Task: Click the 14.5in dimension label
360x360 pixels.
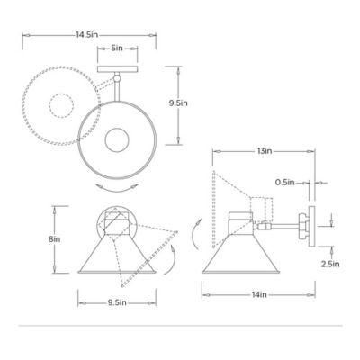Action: pyautogui.click(x=86, y=34)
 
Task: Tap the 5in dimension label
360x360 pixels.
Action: pyautogui.click(x=117, y=49)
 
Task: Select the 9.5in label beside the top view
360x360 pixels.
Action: pyautogui.click(x=177, y=103)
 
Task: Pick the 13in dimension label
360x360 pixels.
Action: pyautogui.click(x=263, y=153)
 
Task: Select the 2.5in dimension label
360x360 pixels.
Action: pyautogui.click(x=328, y=264)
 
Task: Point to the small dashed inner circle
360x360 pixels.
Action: pyautogui.click(x=61, y=106)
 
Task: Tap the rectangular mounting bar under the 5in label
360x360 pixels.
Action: pyautogui.click(x=117, y=66)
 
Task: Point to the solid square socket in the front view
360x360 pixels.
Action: pyautogui.click(x=117, y=219)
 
